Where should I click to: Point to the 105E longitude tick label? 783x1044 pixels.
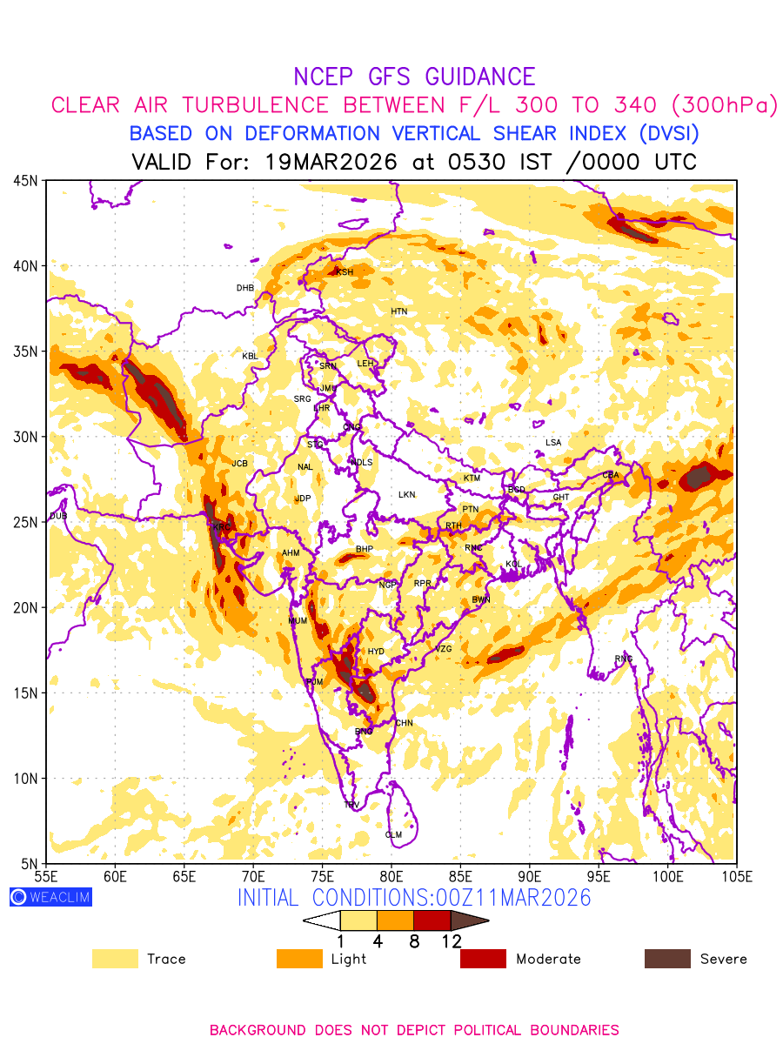(736, 875)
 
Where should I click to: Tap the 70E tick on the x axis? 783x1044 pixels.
(253, 875)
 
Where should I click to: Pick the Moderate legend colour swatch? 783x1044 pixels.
(483, 959)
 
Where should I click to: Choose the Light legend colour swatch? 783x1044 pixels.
(298, 959)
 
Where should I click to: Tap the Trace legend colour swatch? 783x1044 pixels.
(115, 959)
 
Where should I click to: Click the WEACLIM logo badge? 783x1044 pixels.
(50, 897)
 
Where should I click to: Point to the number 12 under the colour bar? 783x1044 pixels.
(451, 940)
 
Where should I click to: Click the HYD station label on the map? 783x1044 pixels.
(376, 652)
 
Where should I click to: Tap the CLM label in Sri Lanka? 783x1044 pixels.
(393, 835)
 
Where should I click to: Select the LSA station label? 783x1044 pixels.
(553, 443)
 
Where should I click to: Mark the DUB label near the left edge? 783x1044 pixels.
(58, 516)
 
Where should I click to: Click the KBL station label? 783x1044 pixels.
(250, 356)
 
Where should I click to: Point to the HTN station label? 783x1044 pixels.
(398, 311)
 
